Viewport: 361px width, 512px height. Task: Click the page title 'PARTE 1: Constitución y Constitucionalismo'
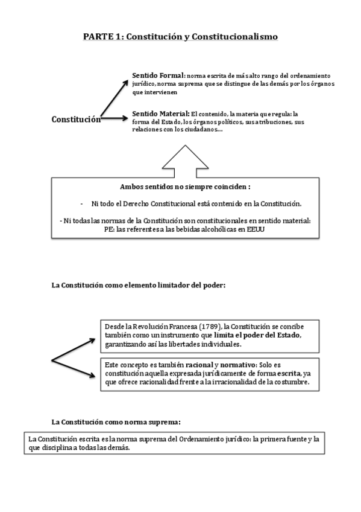click(x=180, y=37)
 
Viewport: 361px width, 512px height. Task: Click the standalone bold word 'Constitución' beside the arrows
click(x=75, y=120)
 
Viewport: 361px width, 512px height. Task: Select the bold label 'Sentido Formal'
click(x=158, y=75)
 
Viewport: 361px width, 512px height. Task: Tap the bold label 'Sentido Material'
click(x=160, y=113)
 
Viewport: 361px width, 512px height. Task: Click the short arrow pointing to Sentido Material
click(x=115, y=120)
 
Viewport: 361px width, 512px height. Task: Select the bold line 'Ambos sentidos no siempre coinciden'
click(x=185, y=187)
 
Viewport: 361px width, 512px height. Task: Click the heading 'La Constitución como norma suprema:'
click(x=116, y=421)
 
